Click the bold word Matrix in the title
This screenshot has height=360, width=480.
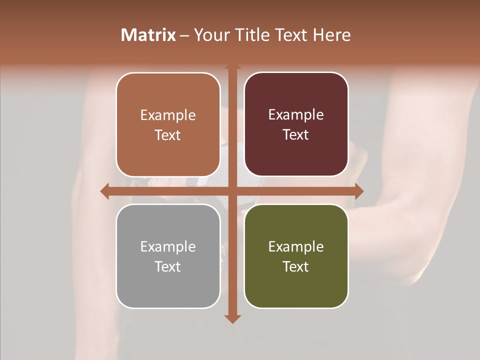[148, 35]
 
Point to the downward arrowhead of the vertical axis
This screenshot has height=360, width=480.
[232, 318]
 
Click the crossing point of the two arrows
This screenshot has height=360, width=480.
[232, 191]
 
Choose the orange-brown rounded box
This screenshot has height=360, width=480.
[168, 155]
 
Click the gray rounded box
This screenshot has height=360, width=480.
[168, 290]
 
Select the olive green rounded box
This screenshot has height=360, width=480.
[296, 290]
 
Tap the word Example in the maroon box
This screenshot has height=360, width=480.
[296, 115]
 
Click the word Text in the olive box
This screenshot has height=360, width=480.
[296, 266]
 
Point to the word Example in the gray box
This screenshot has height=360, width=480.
[168, 246]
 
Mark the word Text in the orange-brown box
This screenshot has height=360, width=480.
[168, 135]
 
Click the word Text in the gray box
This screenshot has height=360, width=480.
[168, 266]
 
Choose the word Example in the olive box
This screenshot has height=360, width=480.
[296, 246]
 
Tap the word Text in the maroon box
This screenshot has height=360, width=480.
[296, 135]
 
